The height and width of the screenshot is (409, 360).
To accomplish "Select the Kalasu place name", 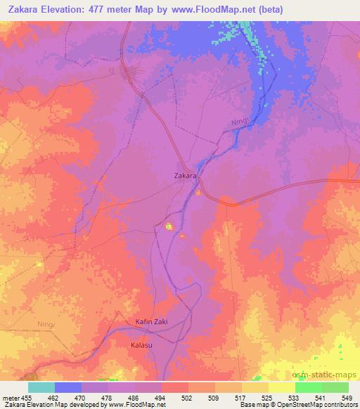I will click(141, 346).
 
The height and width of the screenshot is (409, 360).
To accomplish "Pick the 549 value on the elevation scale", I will click(346, 396).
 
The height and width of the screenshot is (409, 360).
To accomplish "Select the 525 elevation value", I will click(267, 396).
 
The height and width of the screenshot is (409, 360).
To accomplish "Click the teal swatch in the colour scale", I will click(41, 387).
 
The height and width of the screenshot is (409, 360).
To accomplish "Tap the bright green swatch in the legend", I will click(309, 387).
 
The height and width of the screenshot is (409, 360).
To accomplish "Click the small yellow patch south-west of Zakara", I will click(169, 226).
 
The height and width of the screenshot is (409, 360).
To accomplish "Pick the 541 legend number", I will click(319, 396).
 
